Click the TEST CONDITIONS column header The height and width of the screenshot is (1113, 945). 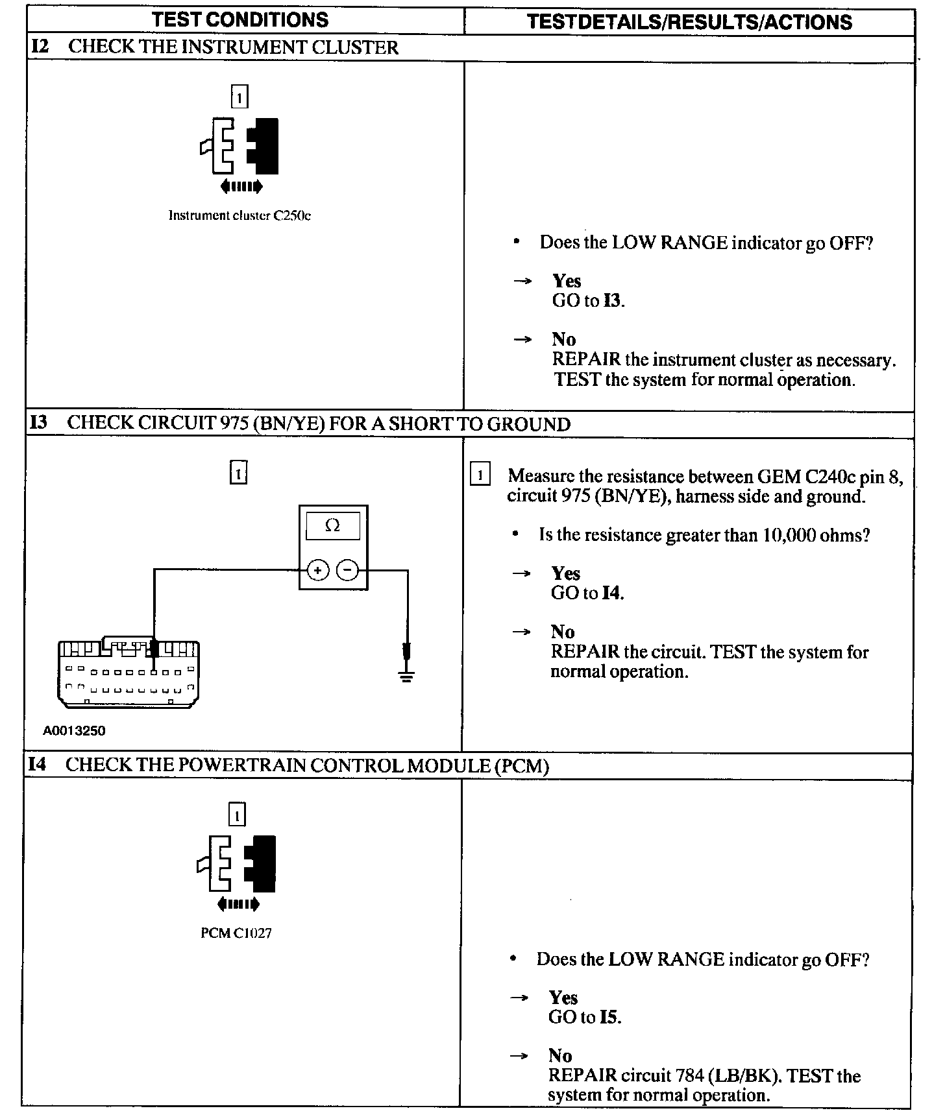[x=240, y=19]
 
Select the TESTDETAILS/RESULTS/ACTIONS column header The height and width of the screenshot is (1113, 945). [x=689, y=22]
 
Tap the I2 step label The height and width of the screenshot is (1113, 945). [x=40, y=47]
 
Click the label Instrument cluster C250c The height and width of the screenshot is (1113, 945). [x=239, y=215]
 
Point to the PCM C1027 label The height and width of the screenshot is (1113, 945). [x=236, y=933]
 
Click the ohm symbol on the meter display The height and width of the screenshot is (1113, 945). [x=332, y=525]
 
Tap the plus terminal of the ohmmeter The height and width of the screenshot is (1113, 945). [x=317, y=570]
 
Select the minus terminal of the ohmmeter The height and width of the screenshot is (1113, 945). [x=349, y=570]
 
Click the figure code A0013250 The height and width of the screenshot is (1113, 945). [x=74, y=730]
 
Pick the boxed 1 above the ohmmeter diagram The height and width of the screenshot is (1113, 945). [x=238, y=473]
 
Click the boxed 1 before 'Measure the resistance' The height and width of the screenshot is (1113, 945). [x=480, y=475]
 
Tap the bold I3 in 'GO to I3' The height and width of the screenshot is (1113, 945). [x=612, y=300]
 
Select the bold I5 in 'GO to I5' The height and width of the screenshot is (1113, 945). [x=609, y=1016]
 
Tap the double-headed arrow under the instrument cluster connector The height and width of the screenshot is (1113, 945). [x=241, y=187]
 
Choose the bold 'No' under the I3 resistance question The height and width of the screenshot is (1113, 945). [x=563, y=632]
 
